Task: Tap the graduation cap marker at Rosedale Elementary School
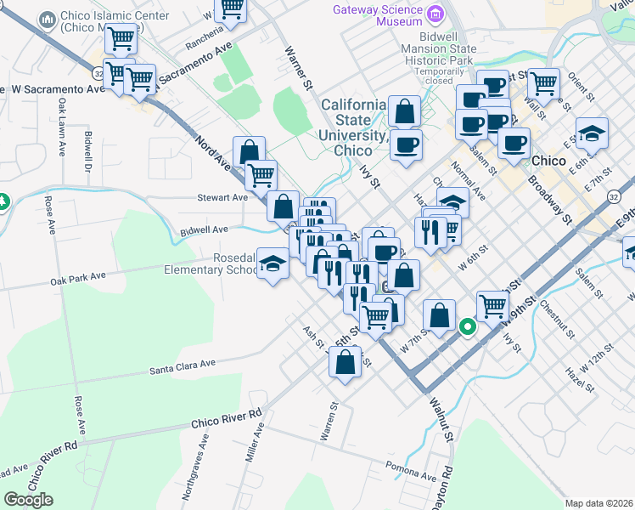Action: [273, 265]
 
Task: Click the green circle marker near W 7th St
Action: [467, 326]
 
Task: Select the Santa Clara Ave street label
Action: [183, 365]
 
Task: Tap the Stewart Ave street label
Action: [223, 197]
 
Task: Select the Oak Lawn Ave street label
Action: [62, 127]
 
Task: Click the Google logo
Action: [29, 500]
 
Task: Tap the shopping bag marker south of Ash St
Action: [345, 363]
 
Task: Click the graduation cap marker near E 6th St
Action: [592, 133]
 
